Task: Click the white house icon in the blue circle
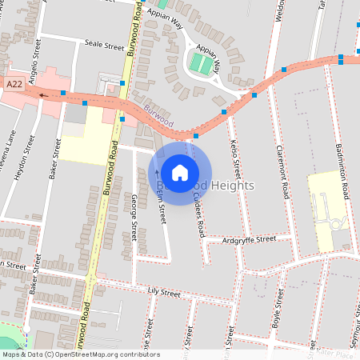180,171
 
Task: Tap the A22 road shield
14,83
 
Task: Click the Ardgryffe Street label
249,238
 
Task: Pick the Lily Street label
165,294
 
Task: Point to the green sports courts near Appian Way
201,63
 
